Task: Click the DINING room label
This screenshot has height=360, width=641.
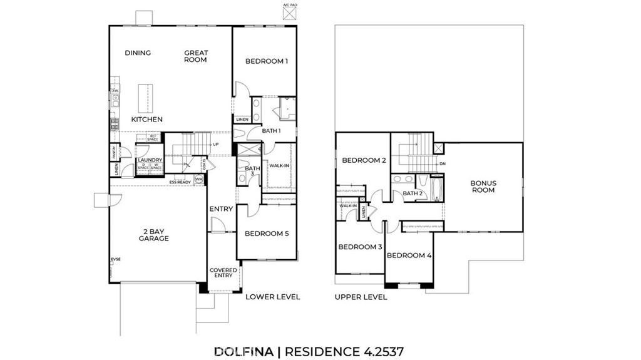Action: point(138,53)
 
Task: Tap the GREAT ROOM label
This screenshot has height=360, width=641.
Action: point(195,56)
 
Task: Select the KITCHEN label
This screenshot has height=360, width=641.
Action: point(147,119)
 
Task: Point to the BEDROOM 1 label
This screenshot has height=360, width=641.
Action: point(266,61)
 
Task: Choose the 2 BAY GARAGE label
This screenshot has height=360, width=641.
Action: point(153,234)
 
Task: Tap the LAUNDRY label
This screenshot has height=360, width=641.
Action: point(150,160)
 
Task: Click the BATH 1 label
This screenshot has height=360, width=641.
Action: point(270,131)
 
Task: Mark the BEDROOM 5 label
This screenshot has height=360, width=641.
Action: point(266,234)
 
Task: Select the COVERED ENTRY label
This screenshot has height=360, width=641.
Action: point(223,272)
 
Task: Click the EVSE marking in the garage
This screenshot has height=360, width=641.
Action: point(115,259)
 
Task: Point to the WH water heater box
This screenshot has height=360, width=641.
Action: point(199,180)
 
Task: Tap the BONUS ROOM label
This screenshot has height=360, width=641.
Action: point(483,187)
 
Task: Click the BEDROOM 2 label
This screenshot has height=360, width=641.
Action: point(363,160)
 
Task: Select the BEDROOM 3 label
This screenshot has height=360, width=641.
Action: point(360,247)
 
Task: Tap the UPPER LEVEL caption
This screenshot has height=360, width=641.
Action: point(361,297)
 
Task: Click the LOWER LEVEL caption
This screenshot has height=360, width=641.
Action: point(273,297)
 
